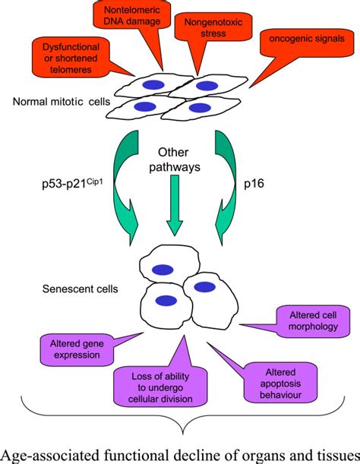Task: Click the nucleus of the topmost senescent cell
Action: click(160, 268)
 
